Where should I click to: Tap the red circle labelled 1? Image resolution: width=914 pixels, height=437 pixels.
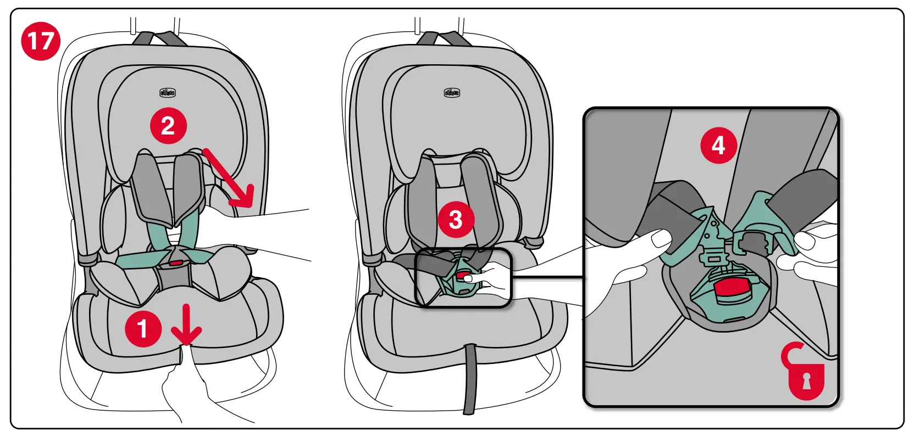click(143, 329)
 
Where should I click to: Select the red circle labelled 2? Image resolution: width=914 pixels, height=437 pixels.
click(168, 126)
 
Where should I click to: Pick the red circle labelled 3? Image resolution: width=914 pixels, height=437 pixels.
click(456, 220)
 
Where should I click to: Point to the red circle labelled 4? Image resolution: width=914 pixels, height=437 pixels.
click(718, 145)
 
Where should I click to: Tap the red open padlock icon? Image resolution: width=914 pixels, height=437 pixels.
click(804, 373)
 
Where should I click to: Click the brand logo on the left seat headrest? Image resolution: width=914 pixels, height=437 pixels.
click(168, 92)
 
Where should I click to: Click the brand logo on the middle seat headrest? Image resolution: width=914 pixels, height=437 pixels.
click(452, 92)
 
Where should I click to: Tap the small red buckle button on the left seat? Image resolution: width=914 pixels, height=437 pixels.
click(176, 263)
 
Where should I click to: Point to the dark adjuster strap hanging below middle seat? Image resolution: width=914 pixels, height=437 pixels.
click(469, 379)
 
